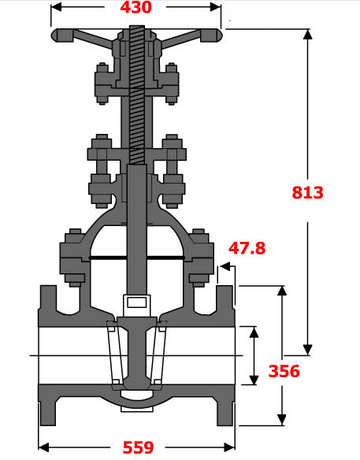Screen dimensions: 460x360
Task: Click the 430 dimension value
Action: pos(135,9)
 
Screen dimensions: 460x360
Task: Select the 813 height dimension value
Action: pos(307,192)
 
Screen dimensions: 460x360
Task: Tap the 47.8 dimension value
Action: pos(247,249)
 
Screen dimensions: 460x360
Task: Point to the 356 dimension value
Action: pos(284,371)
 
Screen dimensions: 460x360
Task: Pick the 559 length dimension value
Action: pos(139,447)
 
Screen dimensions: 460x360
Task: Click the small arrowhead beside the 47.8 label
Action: pos(225,268)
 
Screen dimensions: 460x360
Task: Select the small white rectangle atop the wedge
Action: pos(136,302)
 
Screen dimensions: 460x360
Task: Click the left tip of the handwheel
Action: pos(54,36)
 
